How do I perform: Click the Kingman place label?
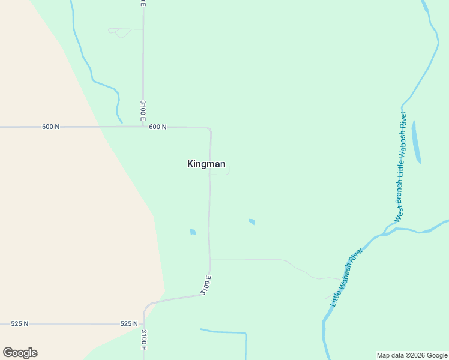[206, 164]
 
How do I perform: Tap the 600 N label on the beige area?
[51, 127]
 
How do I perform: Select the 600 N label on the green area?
[157, 127]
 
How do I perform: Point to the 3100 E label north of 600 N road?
[143, 110]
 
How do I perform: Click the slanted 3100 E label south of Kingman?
[206, 285]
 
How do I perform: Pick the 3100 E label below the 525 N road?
[143, 340]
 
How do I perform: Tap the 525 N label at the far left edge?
[20, 323]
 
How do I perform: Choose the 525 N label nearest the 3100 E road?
[129, 323]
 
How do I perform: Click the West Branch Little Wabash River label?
[400, 166]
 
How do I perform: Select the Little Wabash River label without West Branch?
[347, 277]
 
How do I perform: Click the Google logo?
[20, 353]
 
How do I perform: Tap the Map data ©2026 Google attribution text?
[412, 355]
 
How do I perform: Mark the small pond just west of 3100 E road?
[193, 232]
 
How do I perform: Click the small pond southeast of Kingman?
[252, 221]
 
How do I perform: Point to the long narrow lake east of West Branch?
[416, 142]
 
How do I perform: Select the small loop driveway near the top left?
[121, 32]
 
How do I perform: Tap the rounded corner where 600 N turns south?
[208, 130]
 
